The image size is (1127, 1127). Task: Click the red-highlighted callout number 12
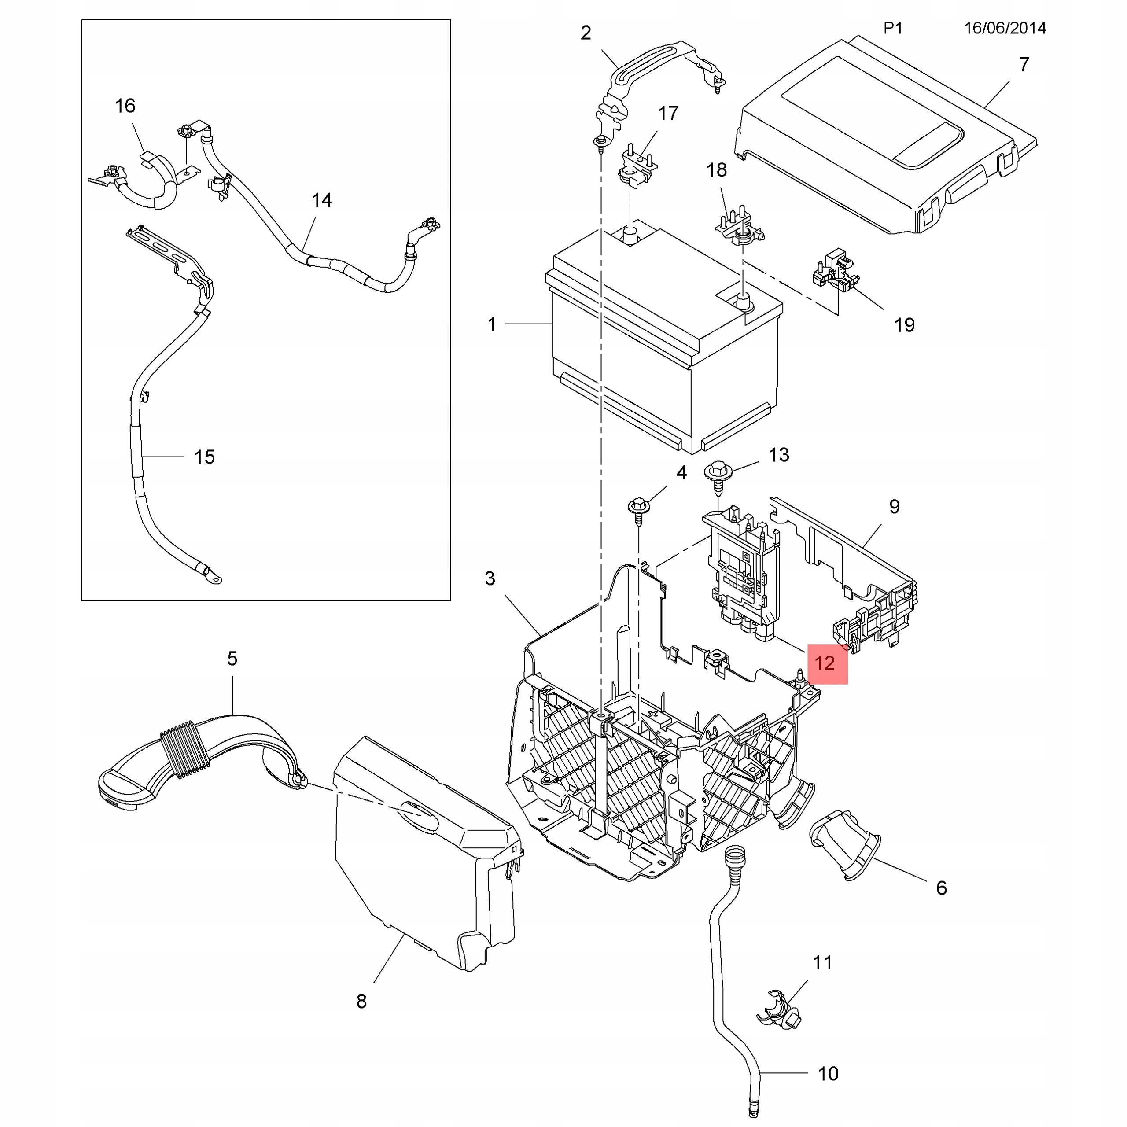(825, 663)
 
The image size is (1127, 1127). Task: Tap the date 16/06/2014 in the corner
(1005, 28)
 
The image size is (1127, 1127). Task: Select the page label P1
(893, 28)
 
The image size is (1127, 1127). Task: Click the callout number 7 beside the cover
(1024, 64)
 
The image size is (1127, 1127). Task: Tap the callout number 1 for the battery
(492, 324)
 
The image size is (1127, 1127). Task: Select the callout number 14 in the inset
(321, 200)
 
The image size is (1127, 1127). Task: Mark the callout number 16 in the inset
(125, 106)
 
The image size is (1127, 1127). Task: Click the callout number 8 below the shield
(362, 1001)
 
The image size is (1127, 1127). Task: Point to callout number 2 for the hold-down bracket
(586, 33)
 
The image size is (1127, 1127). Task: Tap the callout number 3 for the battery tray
(490, 578)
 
